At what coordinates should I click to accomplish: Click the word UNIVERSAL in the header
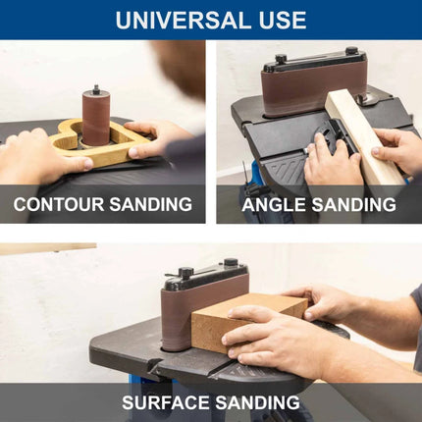(184, 20)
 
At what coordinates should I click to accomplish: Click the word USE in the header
(283, 20)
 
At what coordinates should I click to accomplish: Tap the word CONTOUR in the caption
(58, 204)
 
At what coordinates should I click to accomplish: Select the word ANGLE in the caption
(274, 204)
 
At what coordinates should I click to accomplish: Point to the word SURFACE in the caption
(166, 402)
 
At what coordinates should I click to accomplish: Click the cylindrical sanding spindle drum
(95, 119)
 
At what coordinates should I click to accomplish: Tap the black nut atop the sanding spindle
(96, 89)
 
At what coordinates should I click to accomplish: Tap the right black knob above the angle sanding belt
(351, 51)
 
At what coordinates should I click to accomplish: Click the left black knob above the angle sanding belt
(281, 59)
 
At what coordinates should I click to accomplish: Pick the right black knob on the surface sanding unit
(231, 262)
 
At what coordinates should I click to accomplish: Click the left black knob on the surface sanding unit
(185, 272)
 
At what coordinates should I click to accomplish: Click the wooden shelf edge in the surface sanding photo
(48, 248)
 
